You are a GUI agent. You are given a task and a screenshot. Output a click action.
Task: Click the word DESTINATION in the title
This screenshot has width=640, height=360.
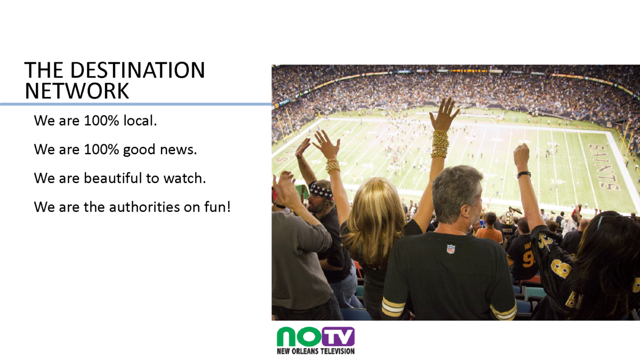pos(138,70)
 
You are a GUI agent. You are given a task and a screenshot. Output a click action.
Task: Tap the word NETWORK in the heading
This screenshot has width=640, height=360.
pos(77,91)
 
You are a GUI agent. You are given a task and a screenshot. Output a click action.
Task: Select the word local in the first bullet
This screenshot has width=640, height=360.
pos(140,121)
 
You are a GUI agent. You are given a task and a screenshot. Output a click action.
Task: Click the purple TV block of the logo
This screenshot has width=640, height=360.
pos(338,337)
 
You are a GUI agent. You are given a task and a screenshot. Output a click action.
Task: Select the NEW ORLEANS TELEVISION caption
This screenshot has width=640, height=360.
pos(316,351)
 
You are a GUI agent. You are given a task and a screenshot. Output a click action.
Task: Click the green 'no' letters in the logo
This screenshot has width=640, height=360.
pos(299,337)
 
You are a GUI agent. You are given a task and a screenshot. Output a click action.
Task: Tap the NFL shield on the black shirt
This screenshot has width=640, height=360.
pos(451,249)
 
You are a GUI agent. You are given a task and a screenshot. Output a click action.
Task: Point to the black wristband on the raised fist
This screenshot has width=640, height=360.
pos(523,174)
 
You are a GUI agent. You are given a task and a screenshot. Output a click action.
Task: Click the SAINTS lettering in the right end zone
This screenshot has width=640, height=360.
pos(604,167)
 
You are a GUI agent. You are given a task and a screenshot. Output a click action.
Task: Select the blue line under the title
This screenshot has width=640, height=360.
pos(135,105)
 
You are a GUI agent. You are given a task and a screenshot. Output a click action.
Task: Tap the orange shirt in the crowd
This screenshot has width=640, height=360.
pos(490,235)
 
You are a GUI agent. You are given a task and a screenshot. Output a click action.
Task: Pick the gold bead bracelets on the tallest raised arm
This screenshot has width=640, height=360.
pos(440,143)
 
